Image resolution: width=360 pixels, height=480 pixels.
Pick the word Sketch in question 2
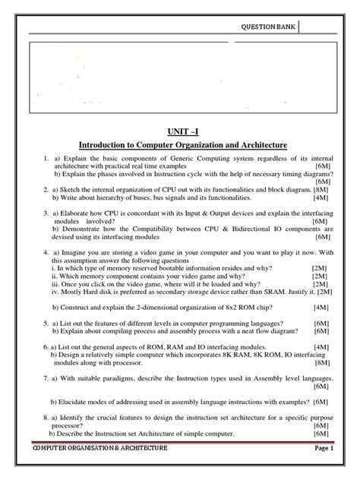point(72,188)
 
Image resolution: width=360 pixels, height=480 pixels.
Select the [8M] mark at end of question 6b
point(321,362)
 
